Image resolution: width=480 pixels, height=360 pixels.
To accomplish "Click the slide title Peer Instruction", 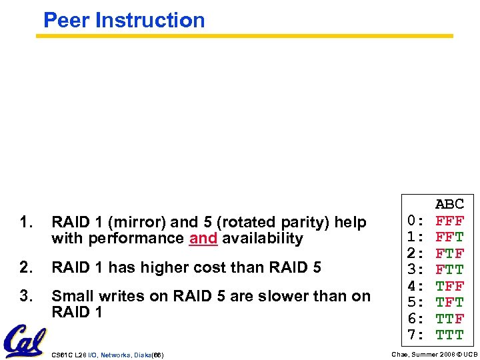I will (124, 20).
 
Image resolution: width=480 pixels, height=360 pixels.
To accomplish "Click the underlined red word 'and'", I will (203, 239).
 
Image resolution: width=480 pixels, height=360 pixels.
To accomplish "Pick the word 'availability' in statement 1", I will (263, 239).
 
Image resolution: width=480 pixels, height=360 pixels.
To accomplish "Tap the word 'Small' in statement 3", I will (71, 296).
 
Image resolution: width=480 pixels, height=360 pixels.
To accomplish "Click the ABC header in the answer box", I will (450, 205).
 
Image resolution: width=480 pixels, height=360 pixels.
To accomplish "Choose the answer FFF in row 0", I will (450, 221).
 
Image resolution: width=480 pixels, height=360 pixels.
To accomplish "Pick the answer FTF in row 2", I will (450, 253).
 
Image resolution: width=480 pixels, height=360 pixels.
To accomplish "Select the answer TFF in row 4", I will (450, 286).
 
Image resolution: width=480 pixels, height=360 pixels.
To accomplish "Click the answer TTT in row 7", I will (450, 335).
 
